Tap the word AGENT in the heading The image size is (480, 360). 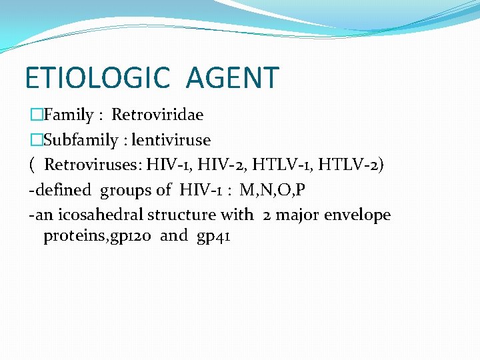232,77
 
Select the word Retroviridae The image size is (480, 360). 157,115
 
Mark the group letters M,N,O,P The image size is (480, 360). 273,190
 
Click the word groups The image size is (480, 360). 125,190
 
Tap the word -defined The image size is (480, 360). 59,190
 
